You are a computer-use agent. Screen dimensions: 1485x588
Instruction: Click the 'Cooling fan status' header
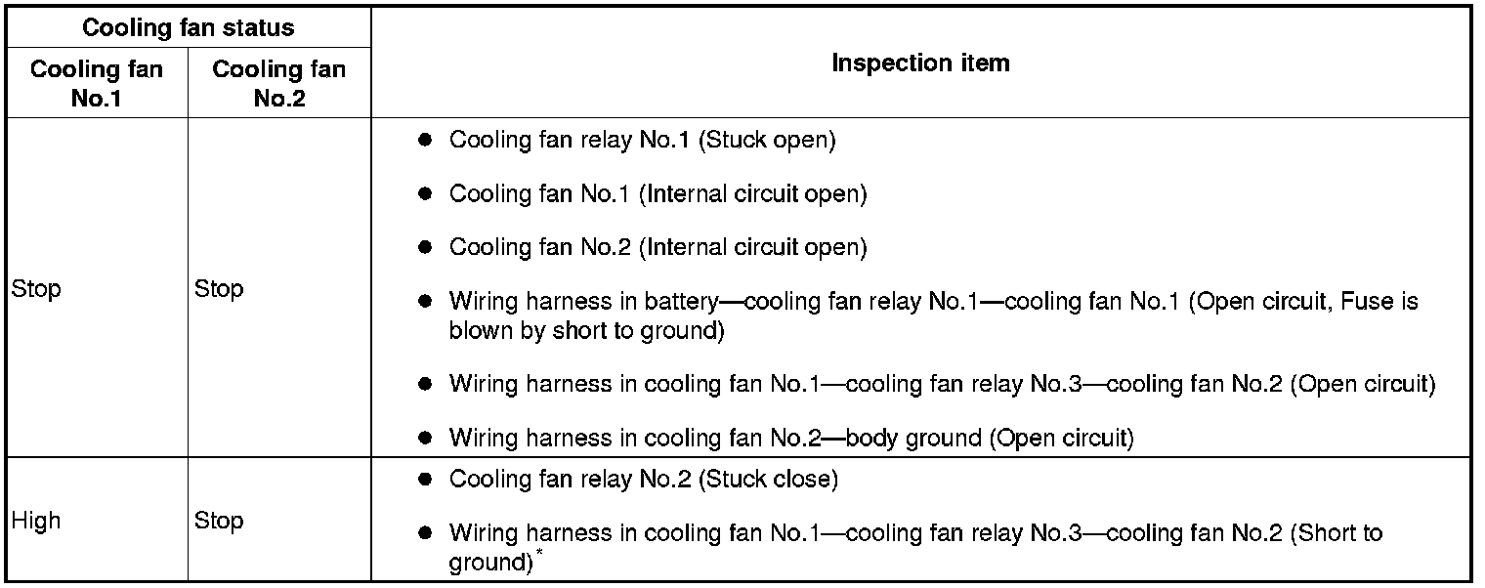pos(188,27)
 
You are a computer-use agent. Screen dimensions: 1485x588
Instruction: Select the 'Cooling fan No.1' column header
pos(96,83)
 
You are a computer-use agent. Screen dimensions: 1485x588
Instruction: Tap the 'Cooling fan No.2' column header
pos(278,83)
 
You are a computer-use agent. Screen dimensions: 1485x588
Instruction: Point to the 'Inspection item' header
pos(920,63)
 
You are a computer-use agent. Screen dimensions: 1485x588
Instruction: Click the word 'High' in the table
pos(36,521)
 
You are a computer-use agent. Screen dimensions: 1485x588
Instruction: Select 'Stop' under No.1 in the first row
pos(36,289)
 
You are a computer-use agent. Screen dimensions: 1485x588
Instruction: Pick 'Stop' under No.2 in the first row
pos(219,289)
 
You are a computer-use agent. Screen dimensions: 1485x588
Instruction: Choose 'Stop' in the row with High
pos(219,521)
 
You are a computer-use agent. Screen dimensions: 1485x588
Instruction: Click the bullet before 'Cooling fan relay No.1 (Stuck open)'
pos(425,140)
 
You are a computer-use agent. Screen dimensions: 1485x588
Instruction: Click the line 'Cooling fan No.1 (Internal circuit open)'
pos(658,193)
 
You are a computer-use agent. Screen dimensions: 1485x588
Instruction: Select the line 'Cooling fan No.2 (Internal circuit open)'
pos(658,247)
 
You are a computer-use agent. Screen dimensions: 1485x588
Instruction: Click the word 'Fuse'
pos(1366,301)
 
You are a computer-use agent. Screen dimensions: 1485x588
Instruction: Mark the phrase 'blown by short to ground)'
pos(586,330)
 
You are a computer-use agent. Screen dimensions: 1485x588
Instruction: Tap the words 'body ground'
pos(913,438)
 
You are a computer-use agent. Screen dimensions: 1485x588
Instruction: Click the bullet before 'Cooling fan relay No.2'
pos(425,480)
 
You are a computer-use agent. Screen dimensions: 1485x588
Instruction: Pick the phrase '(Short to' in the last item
pos(1336,533)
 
